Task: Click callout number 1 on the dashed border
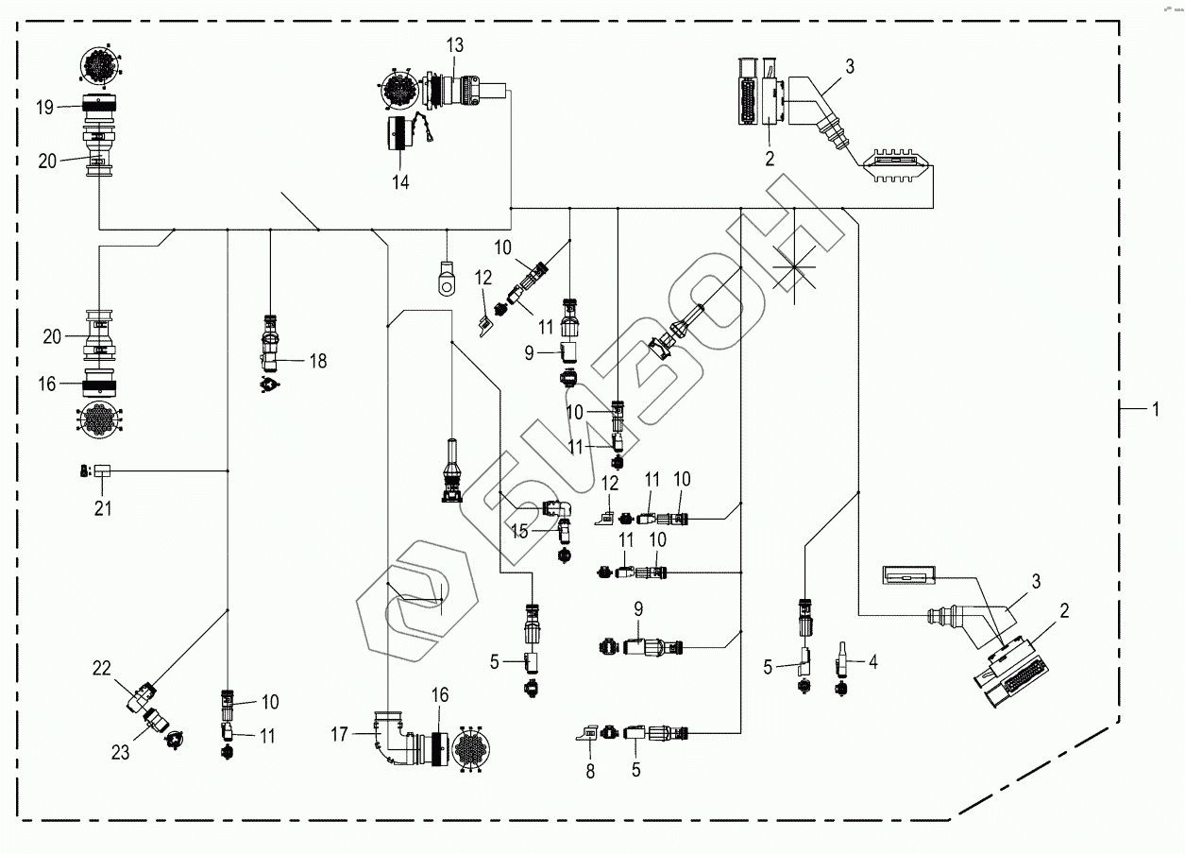(x=1156, y=410)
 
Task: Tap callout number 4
(x=872, y=661)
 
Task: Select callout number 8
(x=590, y=772)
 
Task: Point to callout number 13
(x=455, y=45)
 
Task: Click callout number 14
(x=400, y=182)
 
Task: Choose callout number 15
(x=519, y=531)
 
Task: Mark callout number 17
(x=339, y=734)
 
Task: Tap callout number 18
(x=318, y=361)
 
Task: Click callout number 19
(x=45, y=108)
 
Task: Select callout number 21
(x=103, y=508)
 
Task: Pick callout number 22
(x=102, y=668)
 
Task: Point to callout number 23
(x=120, y=752)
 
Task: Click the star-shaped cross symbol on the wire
(x=794, y=266)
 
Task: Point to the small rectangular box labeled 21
(x=102, y=470)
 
